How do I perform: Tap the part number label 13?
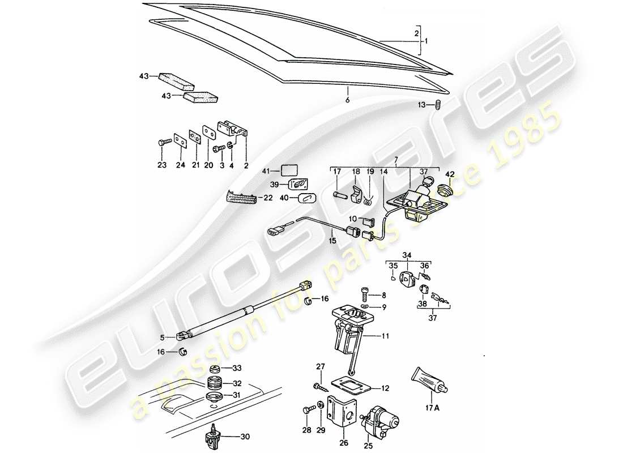click(421, 105)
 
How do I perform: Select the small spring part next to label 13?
click(438, 104)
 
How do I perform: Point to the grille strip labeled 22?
click(241, 196)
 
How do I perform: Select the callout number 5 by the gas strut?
click(162, 337)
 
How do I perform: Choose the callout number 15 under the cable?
click(332, 240)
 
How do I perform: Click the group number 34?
click(408, 255)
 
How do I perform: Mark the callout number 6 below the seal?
click(348, 100)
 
